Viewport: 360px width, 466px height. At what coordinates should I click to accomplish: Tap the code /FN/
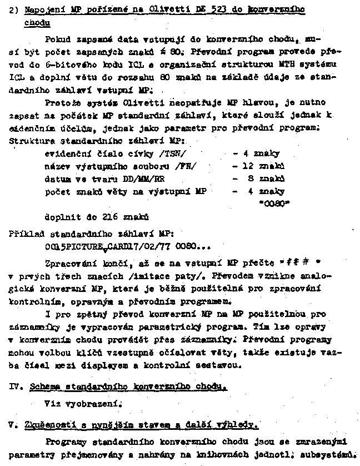[184, 166]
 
